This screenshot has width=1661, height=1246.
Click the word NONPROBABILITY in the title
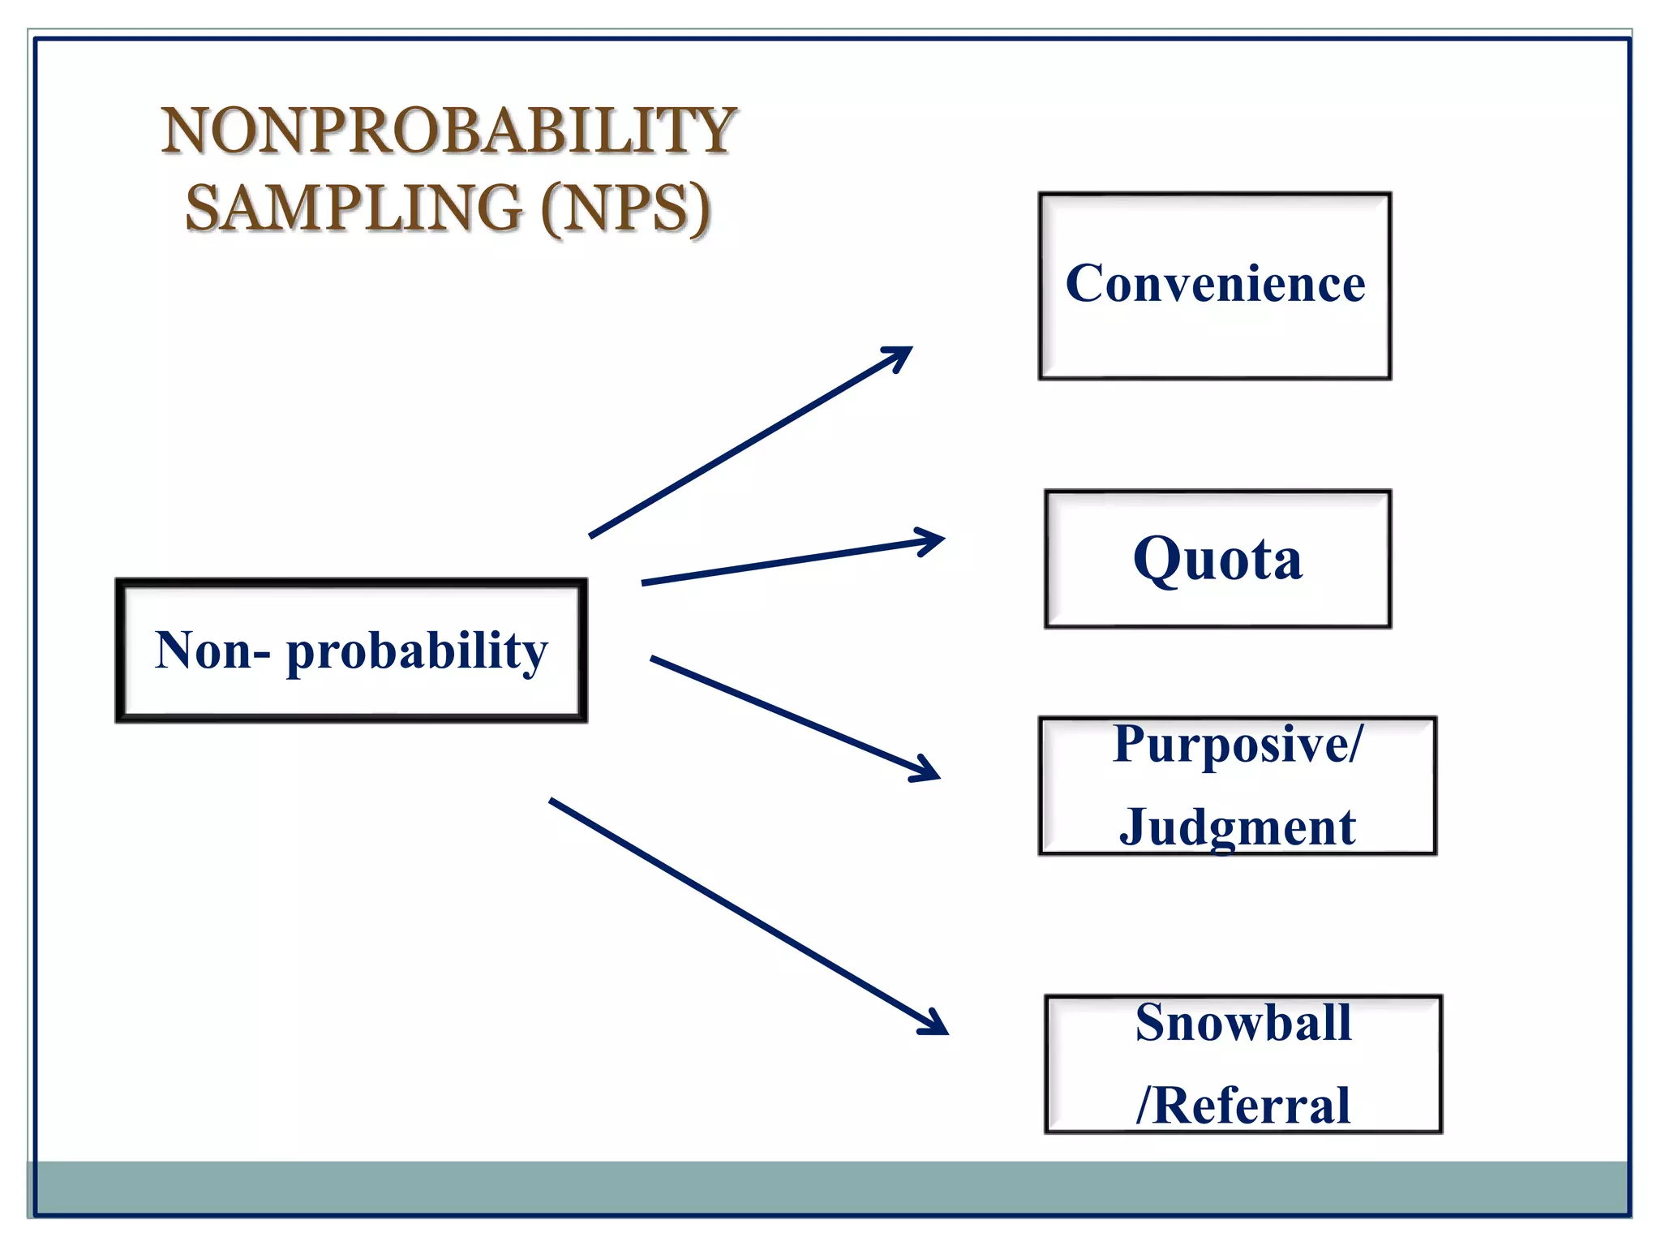(448, 131)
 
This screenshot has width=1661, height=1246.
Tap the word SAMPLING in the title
(354, 208)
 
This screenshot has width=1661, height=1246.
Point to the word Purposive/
(1238, 744)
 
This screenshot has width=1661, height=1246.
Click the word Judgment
(1237, 827)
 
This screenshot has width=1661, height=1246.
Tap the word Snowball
(1243, 1022)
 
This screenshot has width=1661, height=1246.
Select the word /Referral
(1243, 1105)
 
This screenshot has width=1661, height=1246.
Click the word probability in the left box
(417, 651)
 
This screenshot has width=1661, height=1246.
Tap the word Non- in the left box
(212, 651)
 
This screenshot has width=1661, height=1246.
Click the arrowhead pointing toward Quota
(934, 540)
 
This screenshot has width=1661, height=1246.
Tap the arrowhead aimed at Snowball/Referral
(938, 1026)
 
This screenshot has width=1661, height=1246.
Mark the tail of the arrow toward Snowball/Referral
(553, 801)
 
